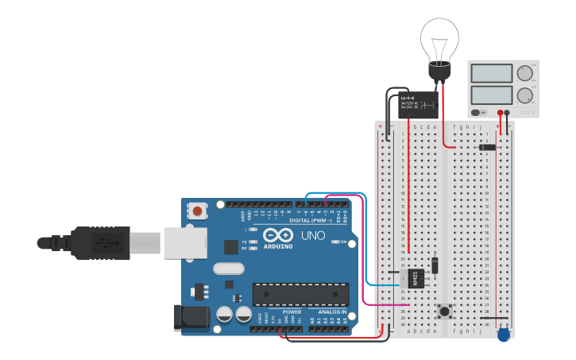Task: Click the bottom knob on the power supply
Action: click(524, 97)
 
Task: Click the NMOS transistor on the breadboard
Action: click(417, 278)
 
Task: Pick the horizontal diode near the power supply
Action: click(488, 147)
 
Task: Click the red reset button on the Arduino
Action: click(196, 211)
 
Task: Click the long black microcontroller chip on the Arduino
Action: click(300, 293)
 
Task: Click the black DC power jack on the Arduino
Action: click(191, 317)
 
